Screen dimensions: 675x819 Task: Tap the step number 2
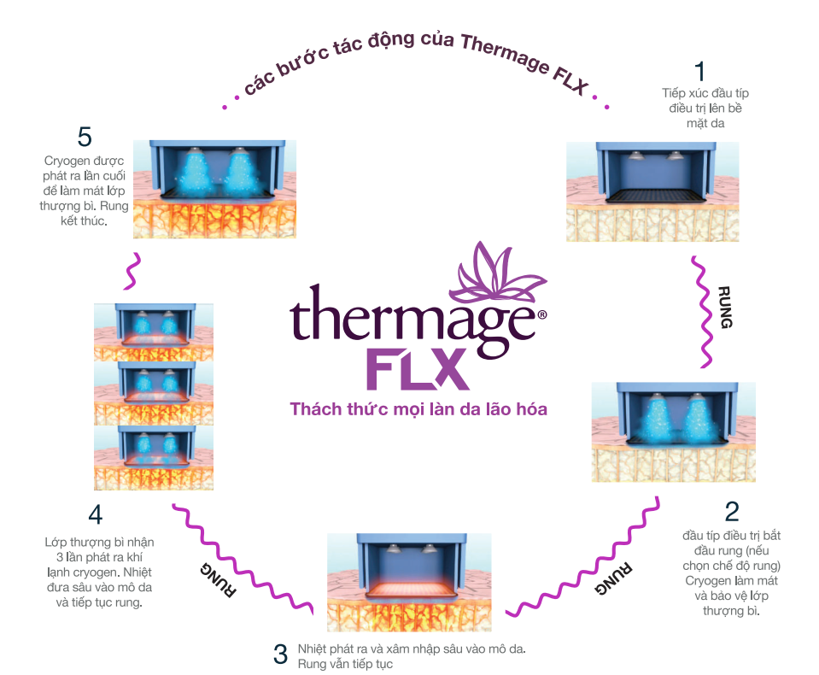pos(732,511)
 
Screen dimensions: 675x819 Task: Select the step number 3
pos(281,654)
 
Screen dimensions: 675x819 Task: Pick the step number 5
pos(84,137)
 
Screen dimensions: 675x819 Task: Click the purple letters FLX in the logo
pos(418,369)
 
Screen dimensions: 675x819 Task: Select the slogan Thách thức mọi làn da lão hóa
pos(418,409)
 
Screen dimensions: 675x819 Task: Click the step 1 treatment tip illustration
pos(653,191)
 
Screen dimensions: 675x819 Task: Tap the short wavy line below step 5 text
pos(132,271)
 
